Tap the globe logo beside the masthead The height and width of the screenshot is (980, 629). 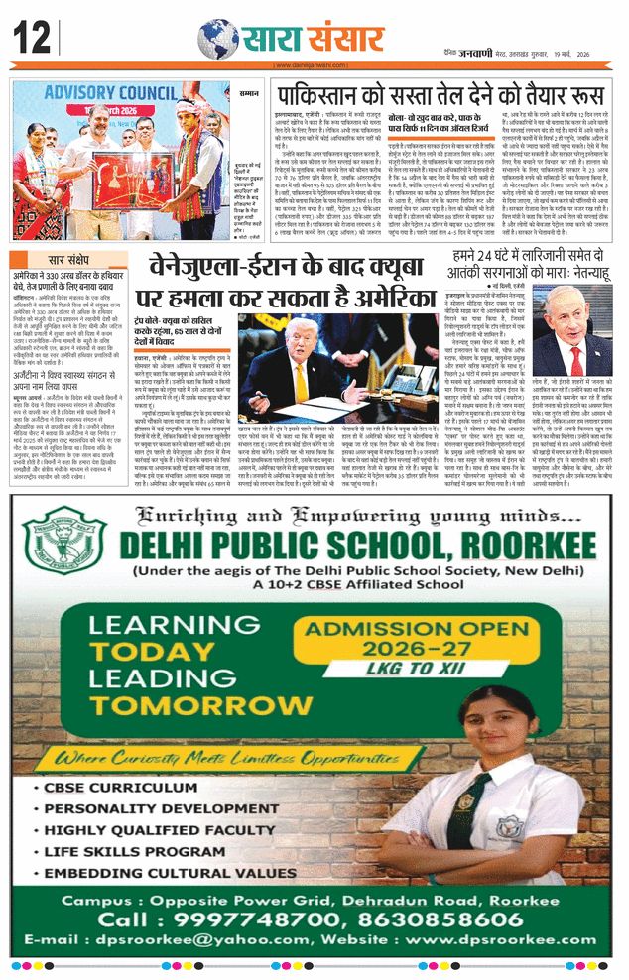tap(217, 38)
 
